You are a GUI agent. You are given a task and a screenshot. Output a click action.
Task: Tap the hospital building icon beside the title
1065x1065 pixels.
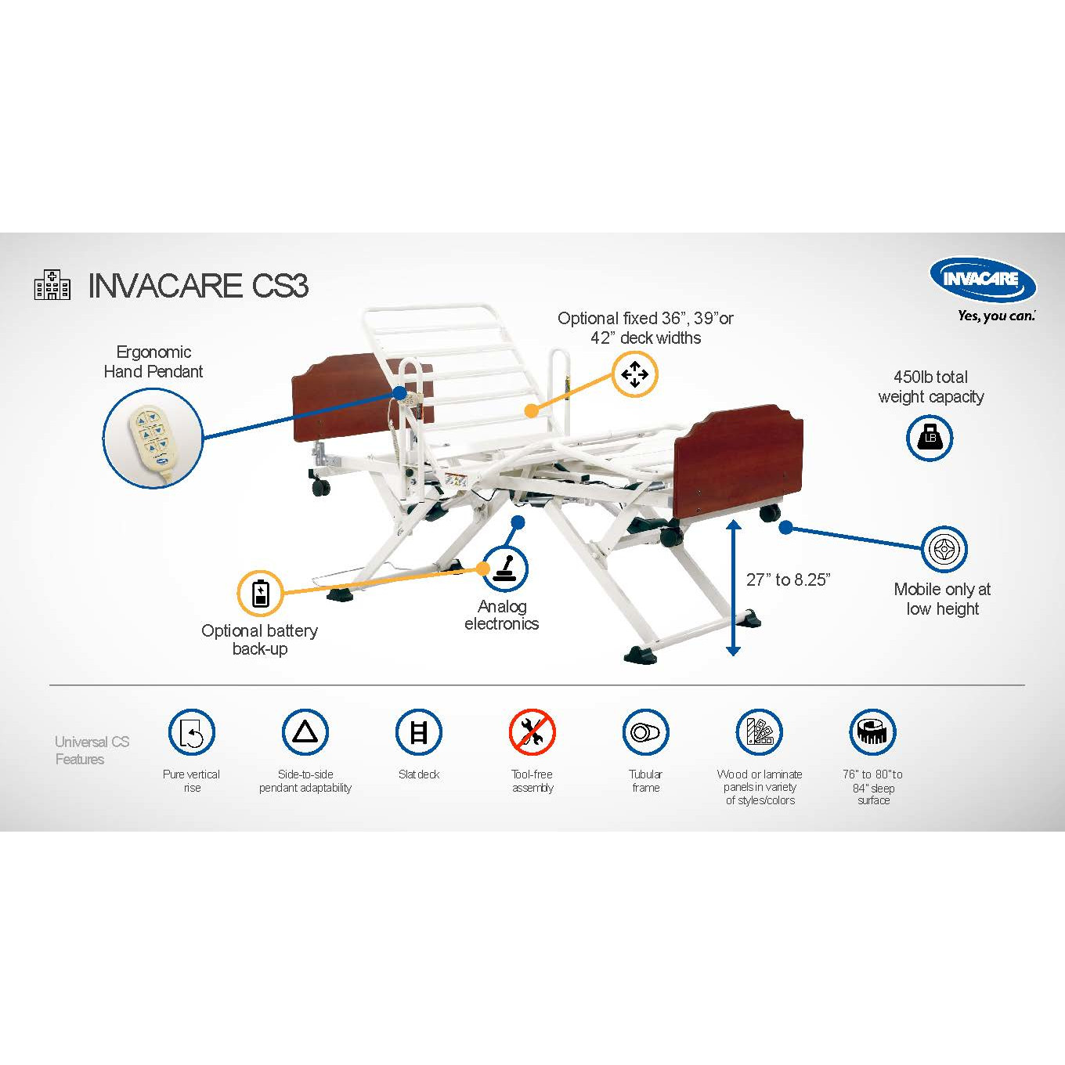tap(52, 285)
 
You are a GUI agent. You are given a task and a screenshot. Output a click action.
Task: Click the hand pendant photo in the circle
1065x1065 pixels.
tap(153, 439)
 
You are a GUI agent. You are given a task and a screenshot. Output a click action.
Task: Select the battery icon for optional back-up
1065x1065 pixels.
tap(260, 593)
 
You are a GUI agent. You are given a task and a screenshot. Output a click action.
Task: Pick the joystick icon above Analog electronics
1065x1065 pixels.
tap(505, 569)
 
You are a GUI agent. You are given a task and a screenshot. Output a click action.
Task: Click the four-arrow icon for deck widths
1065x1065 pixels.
tap(634, 374)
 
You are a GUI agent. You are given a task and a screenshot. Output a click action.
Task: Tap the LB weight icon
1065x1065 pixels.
tap(930, 438)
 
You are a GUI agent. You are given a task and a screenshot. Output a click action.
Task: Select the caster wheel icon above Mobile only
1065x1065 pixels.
tap(944, 550)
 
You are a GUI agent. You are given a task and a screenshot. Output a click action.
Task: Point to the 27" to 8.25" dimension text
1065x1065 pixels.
tap(788, 579)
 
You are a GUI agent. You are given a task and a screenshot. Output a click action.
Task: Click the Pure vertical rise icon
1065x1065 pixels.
tap(192, 732)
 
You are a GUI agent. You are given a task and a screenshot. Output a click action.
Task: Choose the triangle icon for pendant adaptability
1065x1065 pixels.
tap(305, 732)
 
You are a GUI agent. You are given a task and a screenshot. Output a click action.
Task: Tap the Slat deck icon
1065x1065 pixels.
tap(419, 732)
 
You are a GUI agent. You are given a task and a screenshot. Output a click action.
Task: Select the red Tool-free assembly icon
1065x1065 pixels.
tap(532, 732)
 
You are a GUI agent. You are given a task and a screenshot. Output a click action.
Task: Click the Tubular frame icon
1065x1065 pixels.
tap(645, 732)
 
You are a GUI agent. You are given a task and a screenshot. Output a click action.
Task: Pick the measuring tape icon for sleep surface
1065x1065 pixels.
tap(872, 732)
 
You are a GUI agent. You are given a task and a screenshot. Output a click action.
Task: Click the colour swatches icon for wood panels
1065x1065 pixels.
tap(760, 732)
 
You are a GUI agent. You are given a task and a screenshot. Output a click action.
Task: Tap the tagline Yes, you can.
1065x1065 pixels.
tap(996, 316)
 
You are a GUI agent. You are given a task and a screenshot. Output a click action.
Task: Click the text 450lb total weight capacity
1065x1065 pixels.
tap(931, 387)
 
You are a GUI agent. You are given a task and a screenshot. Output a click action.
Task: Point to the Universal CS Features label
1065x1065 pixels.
tap(92, 750)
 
